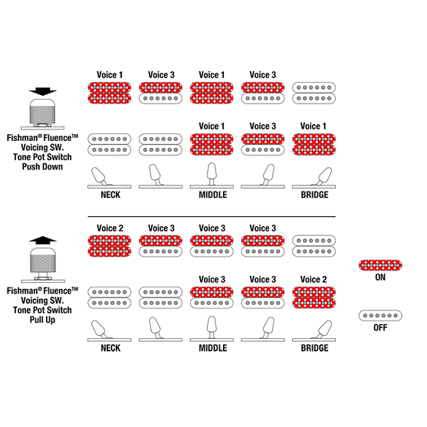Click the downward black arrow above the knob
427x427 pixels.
(43, 91)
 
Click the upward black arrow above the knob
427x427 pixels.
(43, 240)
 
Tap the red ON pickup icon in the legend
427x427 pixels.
(380, 265)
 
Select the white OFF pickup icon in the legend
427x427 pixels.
(380, 315)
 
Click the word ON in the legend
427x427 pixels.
(380, 278)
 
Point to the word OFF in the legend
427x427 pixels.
(380, 327)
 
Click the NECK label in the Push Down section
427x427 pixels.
(110, 195)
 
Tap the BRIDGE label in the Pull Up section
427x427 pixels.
(314, 348)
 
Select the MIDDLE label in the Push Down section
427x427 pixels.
(212, 195)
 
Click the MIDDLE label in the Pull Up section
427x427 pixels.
(212, 348)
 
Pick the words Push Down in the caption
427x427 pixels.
(42, 166)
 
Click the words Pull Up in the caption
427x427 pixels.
(42, 320)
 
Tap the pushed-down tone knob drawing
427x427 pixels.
(42, 114)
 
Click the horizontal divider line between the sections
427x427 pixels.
(212, 216)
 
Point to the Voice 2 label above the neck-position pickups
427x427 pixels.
(110, 228)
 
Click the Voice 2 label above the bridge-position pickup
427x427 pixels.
(314, 279)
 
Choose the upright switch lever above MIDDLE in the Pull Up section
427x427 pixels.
(212, 328)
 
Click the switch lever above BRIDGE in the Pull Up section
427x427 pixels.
(323, 330)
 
